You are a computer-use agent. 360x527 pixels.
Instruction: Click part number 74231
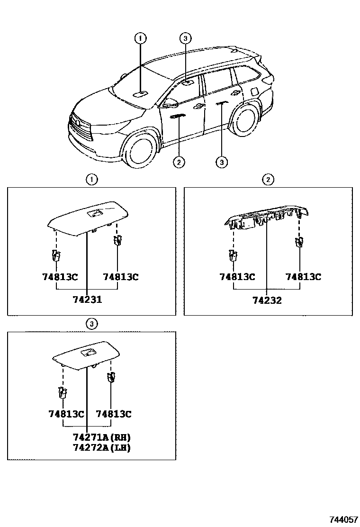click(x=87, y=300)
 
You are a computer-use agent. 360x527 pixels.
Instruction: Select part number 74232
click(x=267, y=300)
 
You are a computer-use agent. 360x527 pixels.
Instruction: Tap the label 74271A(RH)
click(x=102, y=436)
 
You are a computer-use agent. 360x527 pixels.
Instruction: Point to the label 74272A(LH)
click(x=102, y=447)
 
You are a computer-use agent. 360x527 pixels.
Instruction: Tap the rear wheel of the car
click(x=245, y=118)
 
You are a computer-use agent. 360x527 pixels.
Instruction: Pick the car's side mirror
click(x=170, y=102)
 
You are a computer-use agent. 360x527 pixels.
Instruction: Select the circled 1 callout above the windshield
click(x=141, y=38)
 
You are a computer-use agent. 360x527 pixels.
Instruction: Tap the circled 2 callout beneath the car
click(x=178, y=163)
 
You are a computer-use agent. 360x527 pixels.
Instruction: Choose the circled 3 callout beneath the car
click(x=222, y=163)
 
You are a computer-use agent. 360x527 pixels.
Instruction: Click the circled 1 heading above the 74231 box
click(x=91, y=179)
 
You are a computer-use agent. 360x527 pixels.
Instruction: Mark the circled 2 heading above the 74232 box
click(x=268, y=179)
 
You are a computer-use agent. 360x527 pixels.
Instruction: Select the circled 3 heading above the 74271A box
click(x=91, y=324)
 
